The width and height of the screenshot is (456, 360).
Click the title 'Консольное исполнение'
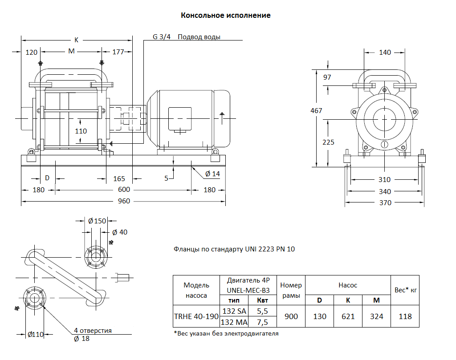(x=225, y=16)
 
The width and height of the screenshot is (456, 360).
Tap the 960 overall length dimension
(x=124, y=201)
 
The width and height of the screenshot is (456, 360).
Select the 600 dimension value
(x=124, y=190)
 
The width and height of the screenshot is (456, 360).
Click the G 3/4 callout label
(x=162, y=37)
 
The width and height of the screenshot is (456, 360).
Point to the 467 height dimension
(x=316, y=111)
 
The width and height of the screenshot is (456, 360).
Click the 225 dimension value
(x=328, y=142)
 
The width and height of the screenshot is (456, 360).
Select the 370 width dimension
(x=385, y=203)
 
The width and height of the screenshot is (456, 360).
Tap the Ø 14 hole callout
(x=212, y=174)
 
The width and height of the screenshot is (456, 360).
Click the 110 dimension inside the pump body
(x=81, y=131)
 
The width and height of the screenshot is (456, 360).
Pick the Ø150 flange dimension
(x=97, y=221)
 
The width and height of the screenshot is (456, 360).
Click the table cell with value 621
(x=348, y=316)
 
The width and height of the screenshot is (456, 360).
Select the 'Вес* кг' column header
(x=406, y=290)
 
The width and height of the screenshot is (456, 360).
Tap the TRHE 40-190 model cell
(x=196, y=316)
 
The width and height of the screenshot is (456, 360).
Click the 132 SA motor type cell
(x=234, y=311)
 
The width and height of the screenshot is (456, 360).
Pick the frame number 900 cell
(x=291, y=316)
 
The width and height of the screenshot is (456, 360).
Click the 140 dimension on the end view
(x=385, y=53)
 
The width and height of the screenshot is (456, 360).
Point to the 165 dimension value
(x=119, y=179)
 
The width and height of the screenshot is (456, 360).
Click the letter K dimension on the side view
(x=76, y=40)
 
